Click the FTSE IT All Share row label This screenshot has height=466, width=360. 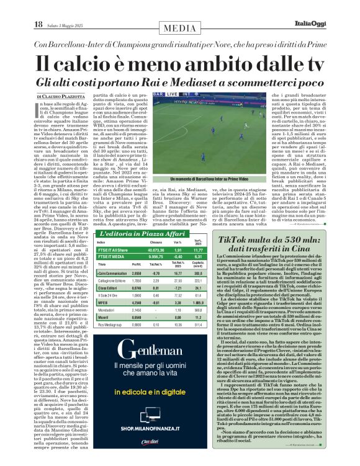[x=114, y=249]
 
